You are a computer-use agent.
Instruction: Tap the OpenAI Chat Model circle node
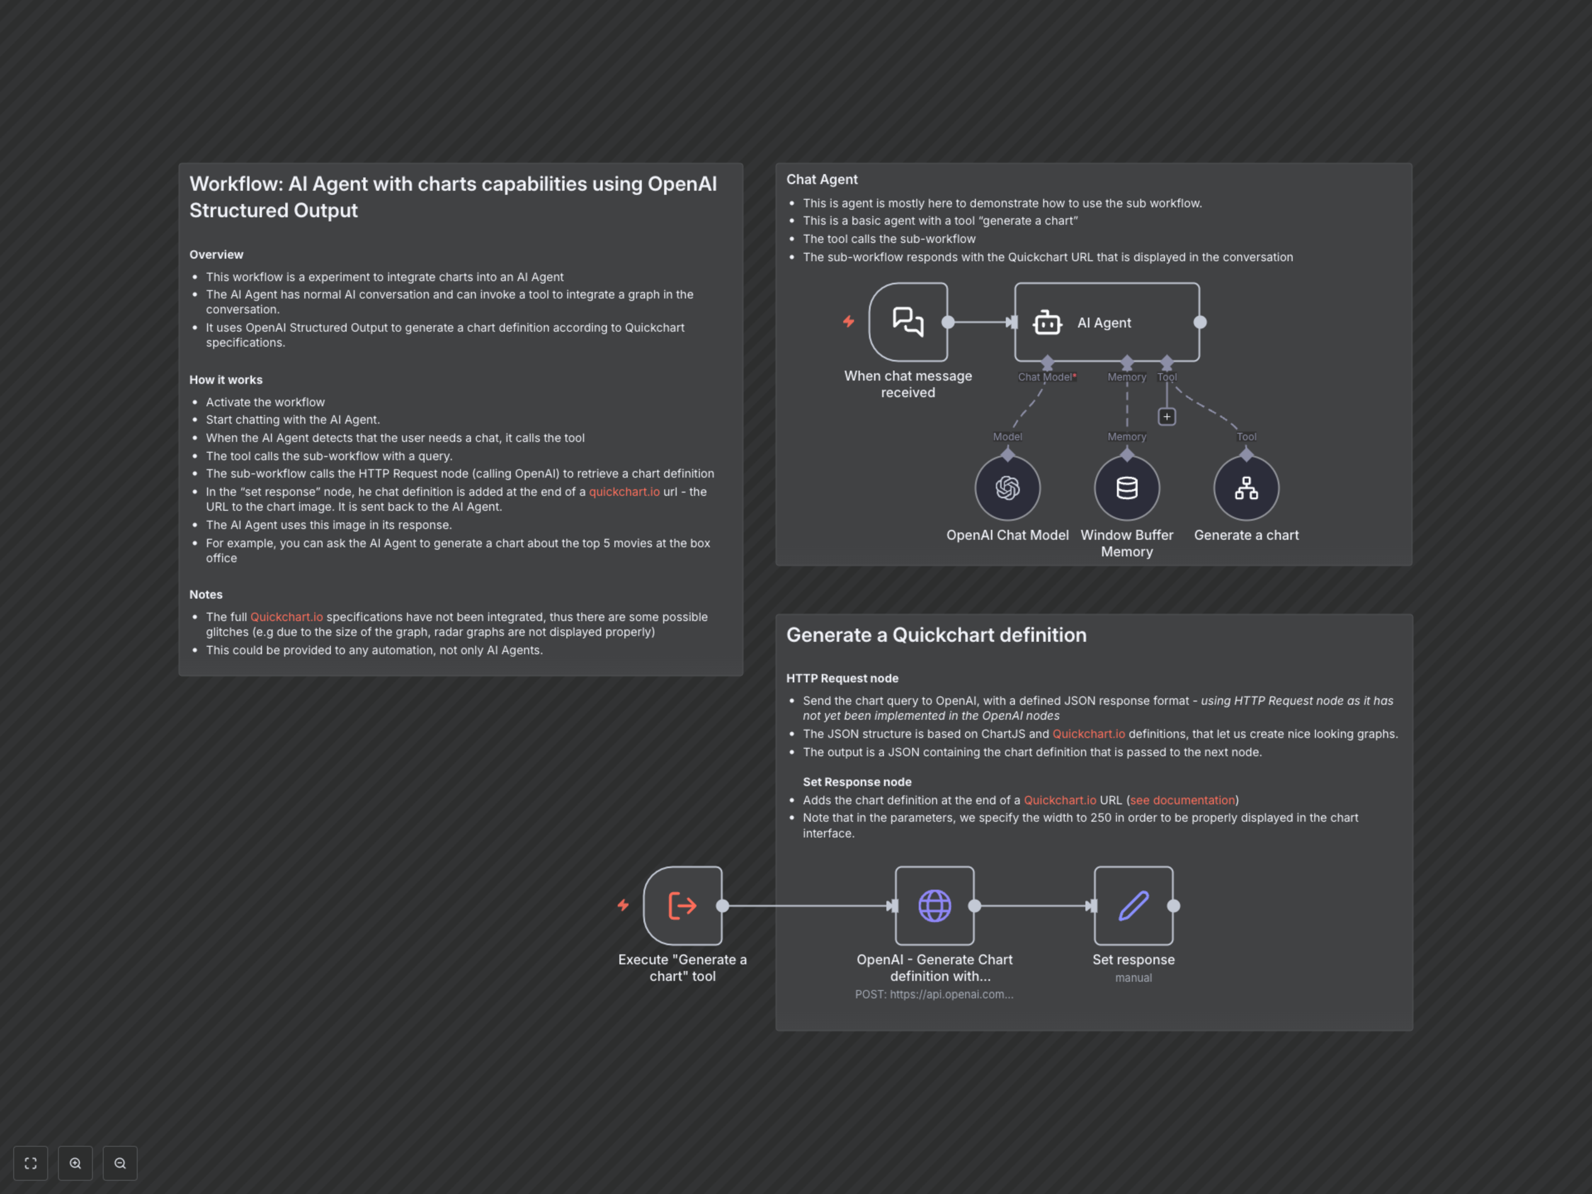[x=1007, y=488]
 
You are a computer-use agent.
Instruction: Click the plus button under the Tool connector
[x=1167, y=417]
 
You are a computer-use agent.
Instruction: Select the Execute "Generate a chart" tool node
[x=682, y=905]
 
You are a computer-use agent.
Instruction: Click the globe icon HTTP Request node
[x=934, y=905]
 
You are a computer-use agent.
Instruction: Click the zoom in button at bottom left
[x=75, y=1163]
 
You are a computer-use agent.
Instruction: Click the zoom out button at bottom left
[x=120, y=1163]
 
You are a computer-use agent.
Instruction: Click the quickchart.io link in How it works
[x=624, y=492]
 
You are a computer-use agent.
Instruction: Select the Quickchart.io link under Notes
[x=286, y=617]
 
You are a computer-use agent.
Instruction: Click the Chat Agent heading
[x=821, y=179]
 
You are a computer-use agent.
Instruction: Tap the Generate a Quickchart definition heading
[x=936, y=635]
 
